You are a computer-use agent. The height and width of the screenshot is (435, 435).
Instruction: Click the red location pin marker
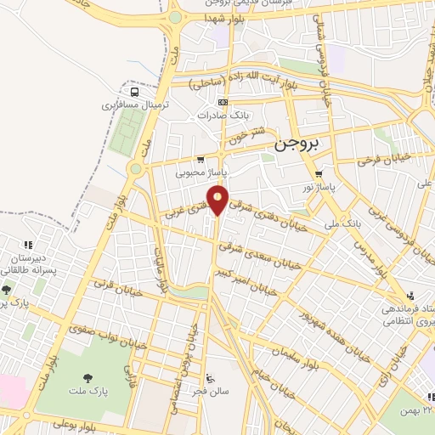(218, 201)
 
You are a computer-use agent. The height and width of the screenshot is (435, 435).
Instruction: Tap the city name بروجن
(300, 145)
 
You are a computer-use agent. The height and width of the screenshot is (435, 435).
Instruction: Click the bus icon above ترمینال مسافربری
(134, 92)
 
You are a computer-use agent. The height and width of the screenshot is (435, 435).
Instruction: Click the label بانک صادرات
(221, 115)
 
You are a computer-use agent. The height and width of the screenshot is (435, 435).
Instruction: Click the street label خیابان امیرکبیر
(257, 280)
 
